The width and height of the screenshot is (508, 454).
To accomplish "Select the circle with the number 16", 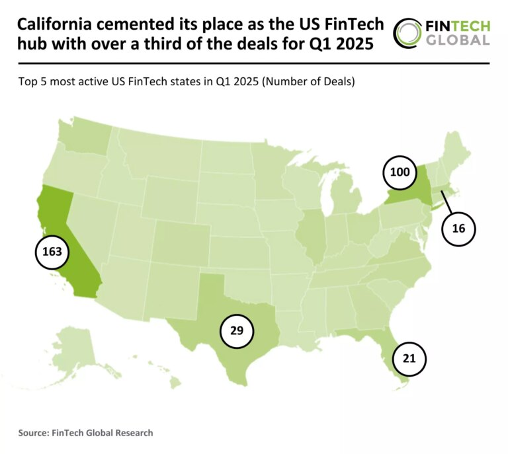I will [x=459, y=229].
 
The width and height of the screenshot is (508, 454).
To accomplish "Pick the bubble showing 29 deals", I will [x=237, y=330].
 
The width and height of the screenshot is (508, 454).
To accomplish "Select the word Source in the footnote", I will [x=34, y=433].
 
